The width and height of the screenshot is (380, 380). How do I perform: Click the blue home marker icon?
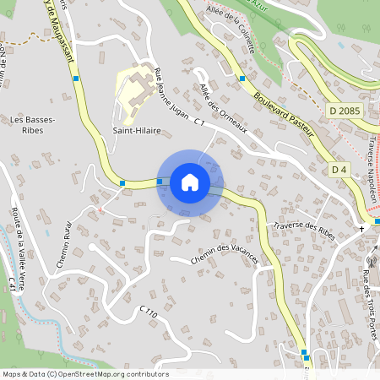click(189, 182)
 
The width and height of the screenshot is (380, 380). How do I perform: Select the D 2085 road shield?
click(344, 111)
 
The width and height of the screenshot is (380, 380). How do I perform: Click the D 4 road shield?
click(339, 170)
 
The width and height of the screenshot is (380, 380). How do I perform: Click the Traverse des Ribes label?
click(305, 231)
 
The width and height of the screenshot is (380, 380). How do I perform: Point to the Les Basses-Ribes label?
click(33, 125)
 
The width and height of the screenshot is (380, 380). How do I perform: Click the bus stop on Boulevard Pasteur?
click(242, 78)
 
